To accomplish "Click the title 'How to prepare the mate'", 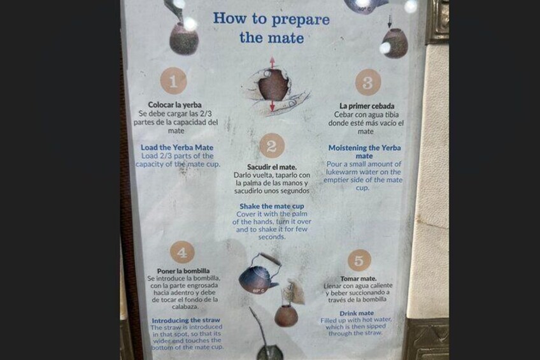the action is click(271, 28).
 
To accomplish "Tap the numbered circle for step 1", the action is click(174, 81).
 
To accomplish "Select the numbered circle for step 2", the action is click(272, 146).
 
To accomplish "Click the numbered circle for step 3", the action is click(368, 82).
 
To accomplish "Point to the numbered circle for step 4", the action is click(182, 252).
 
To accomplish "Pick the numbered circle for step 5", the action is click(359, 261).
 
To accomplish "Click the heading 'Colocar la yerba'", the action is click(174, 104).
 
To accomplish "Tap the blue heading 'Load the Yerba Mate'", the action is click(177, 147).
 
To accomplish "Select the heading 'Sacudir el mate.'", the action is click(272, 167).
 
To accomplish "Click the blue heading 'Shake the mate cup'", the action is click(272, 206).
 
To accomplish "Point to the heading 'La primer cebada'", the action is click(367, 106).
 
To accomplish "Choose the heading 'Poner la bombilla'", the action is click(183, 271).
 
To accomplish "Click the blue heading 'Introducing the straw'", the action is click(186, 320).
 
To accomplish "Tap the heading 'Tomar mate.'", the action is click(359, 278).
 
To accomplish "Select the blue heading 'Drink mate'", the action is click(357, 313).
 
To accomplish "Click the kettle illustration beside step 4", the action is click(259, 275).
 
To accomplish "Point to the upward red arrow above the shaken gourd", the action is click(273, 62).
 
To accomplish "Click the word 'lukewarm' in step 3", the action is click(341, 172).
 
